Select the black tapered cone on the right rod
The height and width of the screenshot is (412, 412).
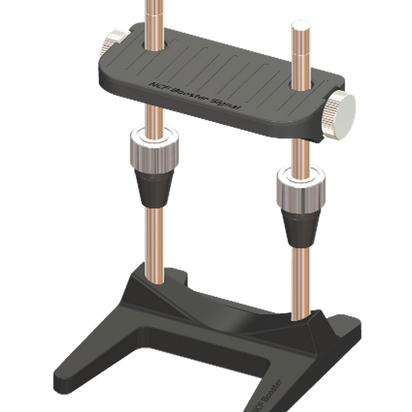(x=300, y=229)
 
